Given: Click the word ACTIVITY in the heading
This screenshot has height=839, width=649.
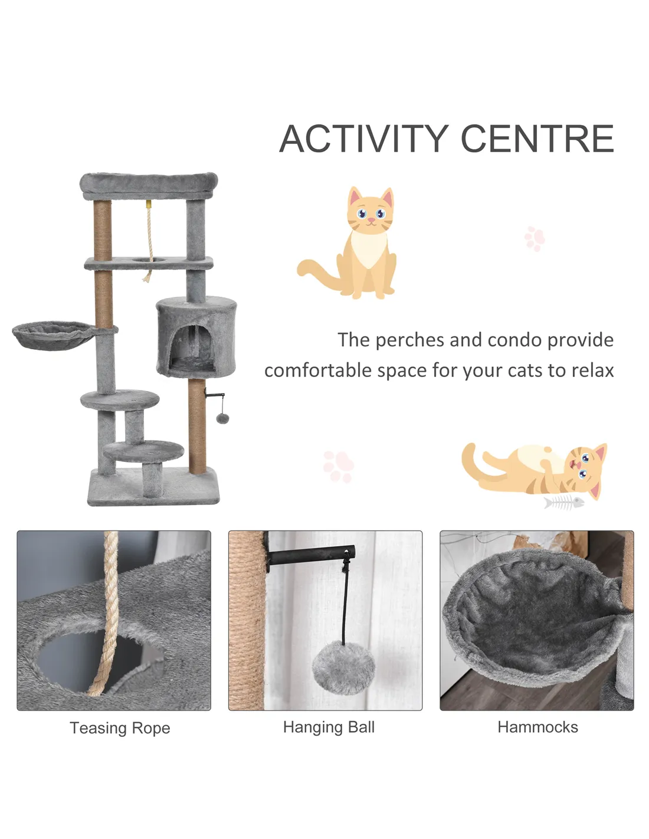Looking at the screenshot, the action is pyautogui.click(x=363, y=139).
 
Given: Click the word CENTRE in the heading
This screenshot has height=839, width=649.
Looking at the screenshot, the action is pyautogui.click(x=537, y=139).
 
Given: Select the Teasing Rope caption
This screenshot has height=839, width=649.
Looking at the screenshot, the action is pyautogui.click(x=120, y=728).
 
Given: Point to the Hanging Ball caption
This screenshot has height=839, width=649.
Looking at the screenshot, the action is pyautogui.click(x=329, y=727).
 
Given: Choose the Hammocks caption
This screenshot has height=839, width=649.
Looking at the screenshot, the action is pyautogui.click(x=537, y=727).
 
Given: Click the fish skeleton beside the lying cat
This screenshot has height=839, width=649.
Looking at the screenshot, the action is pyautogui.click(x=563, y=502).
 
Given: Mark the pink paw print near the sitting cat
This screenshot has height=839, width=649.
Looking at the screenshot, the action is pyautogui.click(x=535, y=238).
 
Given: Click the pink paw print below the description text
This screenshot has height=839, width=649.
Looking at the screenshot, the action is pyautogui.click(x=339, y=466).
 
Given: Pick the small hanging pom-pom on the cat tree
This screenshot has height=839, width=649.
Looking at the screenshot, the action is pyautogui.click(x=222, y=418).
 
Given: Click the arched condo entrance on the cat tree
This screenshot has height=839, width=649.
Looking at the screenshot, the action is pyautogui.click(x=192, y=349).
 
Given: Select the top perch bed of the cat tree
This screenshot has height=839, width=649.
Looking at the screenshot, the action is pyautogui.click(x=149, y=186).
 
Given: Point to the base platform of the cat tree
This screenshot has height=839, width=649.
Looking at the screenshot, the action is pyautogui.click(x=153, y=487).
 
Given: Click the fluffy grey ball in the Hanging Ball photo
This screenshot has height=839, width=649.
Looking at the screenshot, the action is pyautogui.click(x=343, y=667).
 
